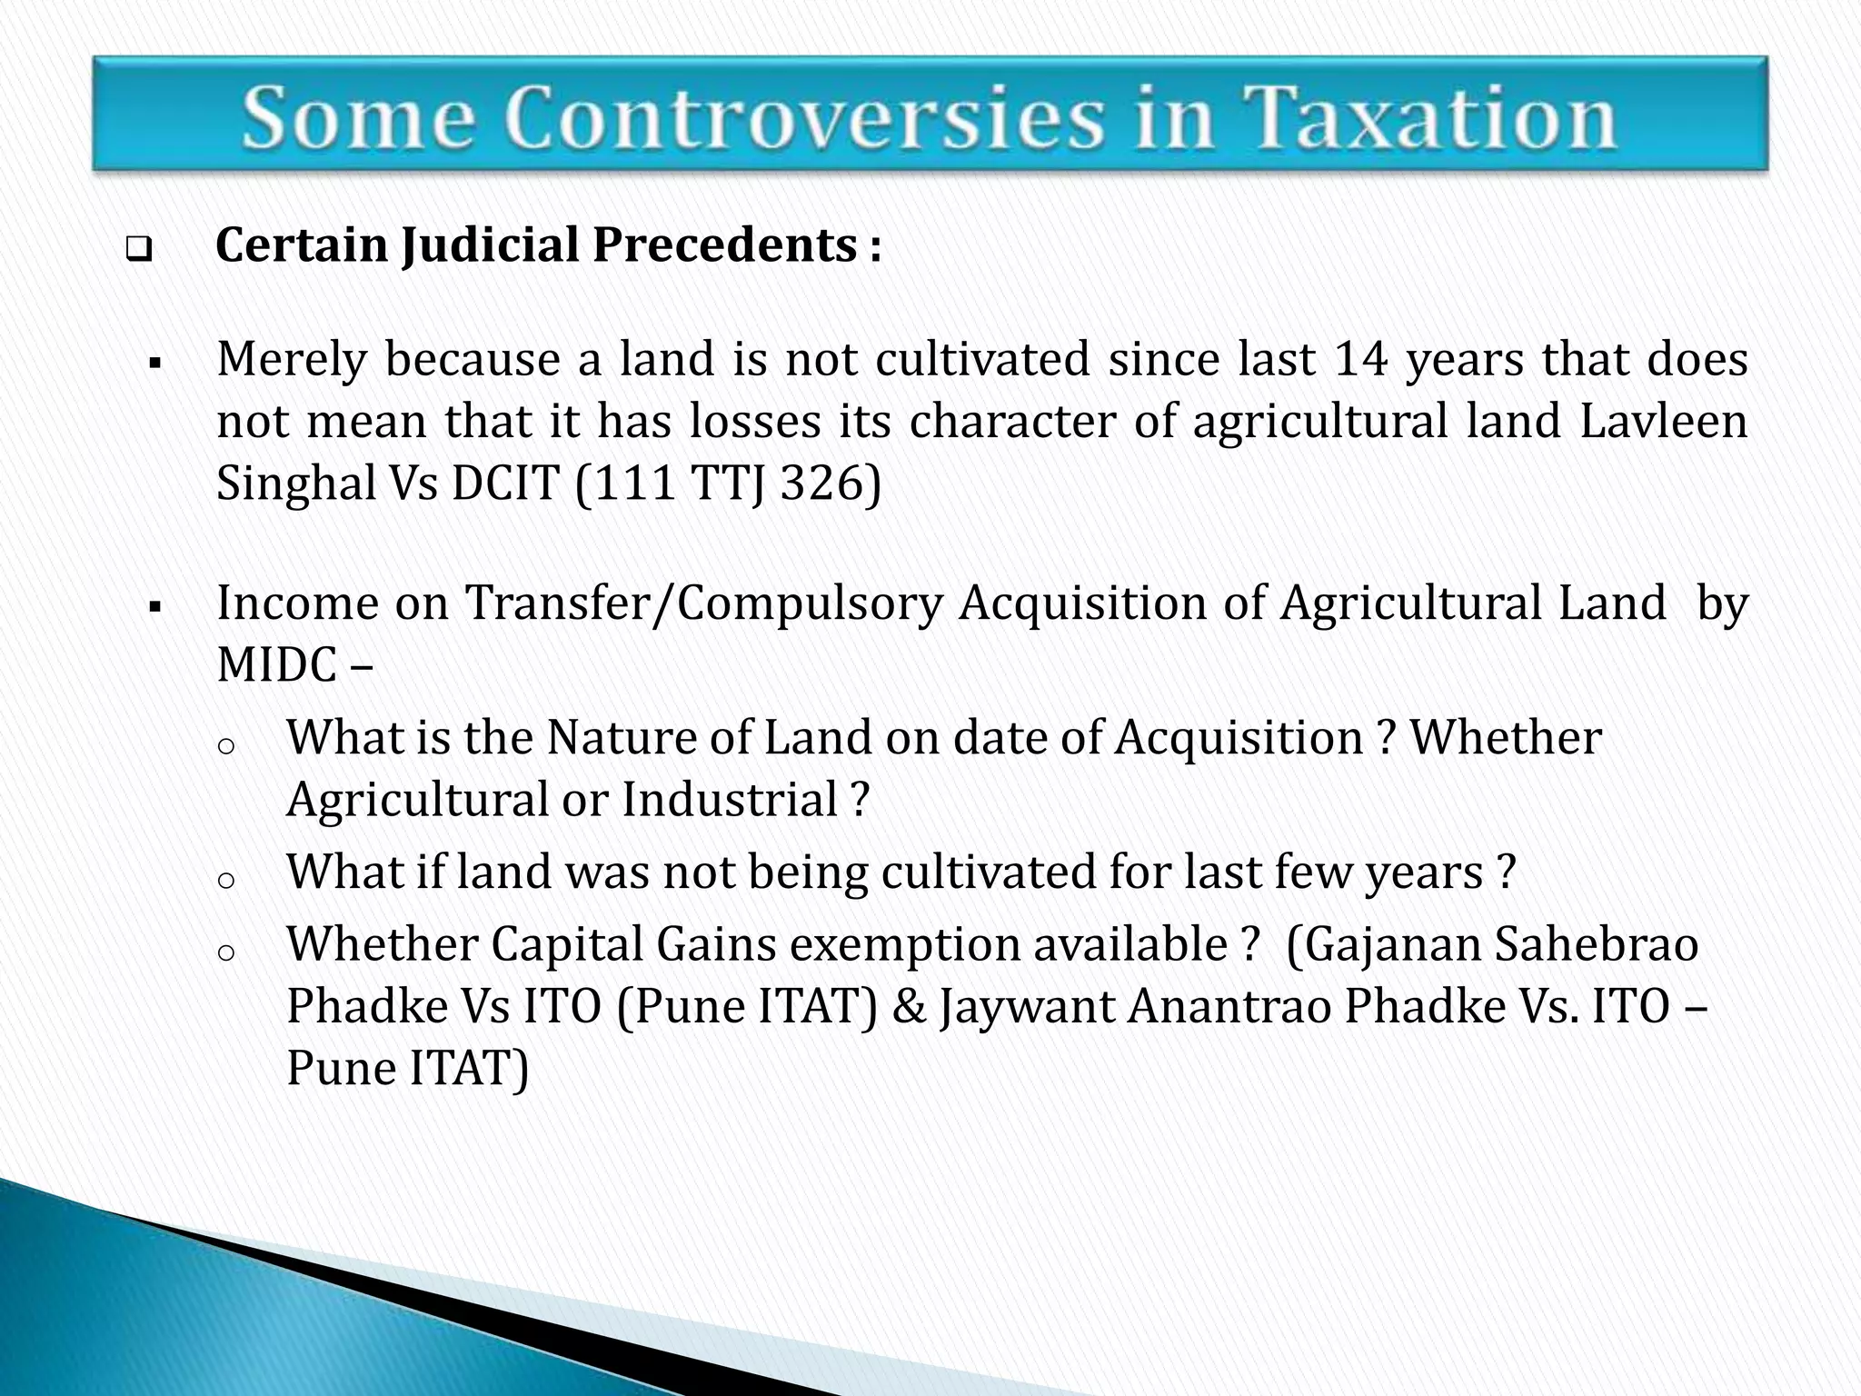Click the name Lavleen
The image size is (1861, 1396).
[x=1664, y=421]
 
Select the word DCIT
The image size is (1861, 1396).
[x=505, y=483]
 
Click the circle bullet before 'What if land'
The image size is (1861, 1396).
[x=227, y=880]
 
